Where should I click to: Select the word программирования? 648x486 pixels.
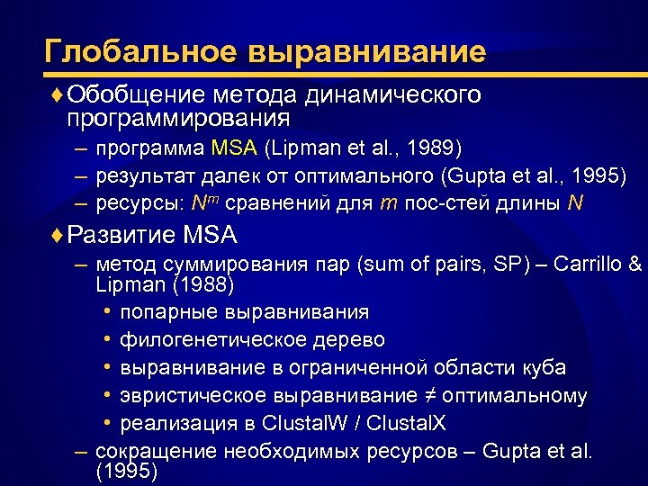[x=178, y=118]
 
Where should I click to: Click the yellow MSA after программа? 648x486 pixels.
[x=234, y=147]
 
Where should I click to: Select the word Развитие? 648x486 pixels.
[x=122, y=237]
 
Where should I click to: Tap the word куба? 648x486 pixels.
[x=545, y=368]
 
